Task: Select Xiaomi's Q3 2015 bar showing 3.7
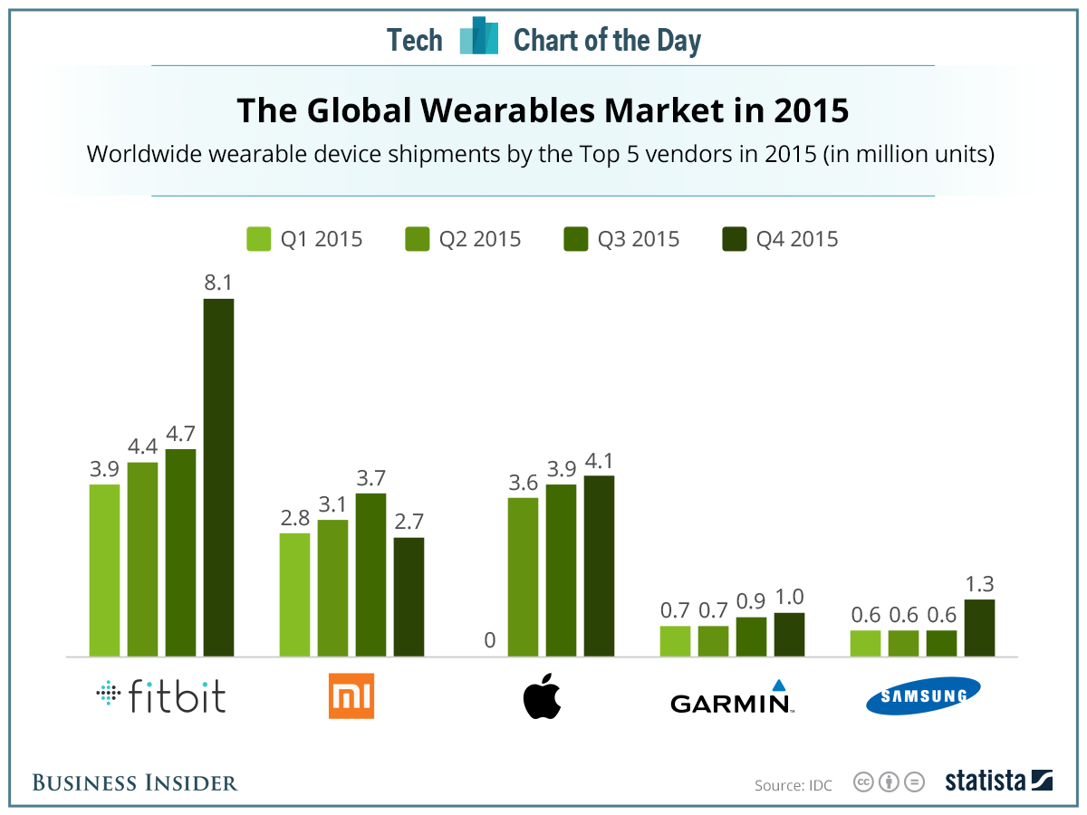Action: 370,574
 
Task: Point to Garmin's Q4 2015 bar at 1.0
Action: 789,634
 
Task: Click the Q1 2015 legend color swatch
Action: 258,239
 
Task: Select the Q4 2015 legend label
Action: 796,239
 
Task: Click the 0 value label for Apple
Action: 489,641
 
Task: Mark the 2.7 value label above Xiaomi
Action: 409,522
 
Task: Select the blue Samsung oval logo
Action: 922,696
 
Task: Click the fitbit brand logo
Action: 161,696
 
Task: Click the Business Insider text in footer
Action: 135,782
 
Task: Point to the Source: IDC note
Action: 793,784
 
